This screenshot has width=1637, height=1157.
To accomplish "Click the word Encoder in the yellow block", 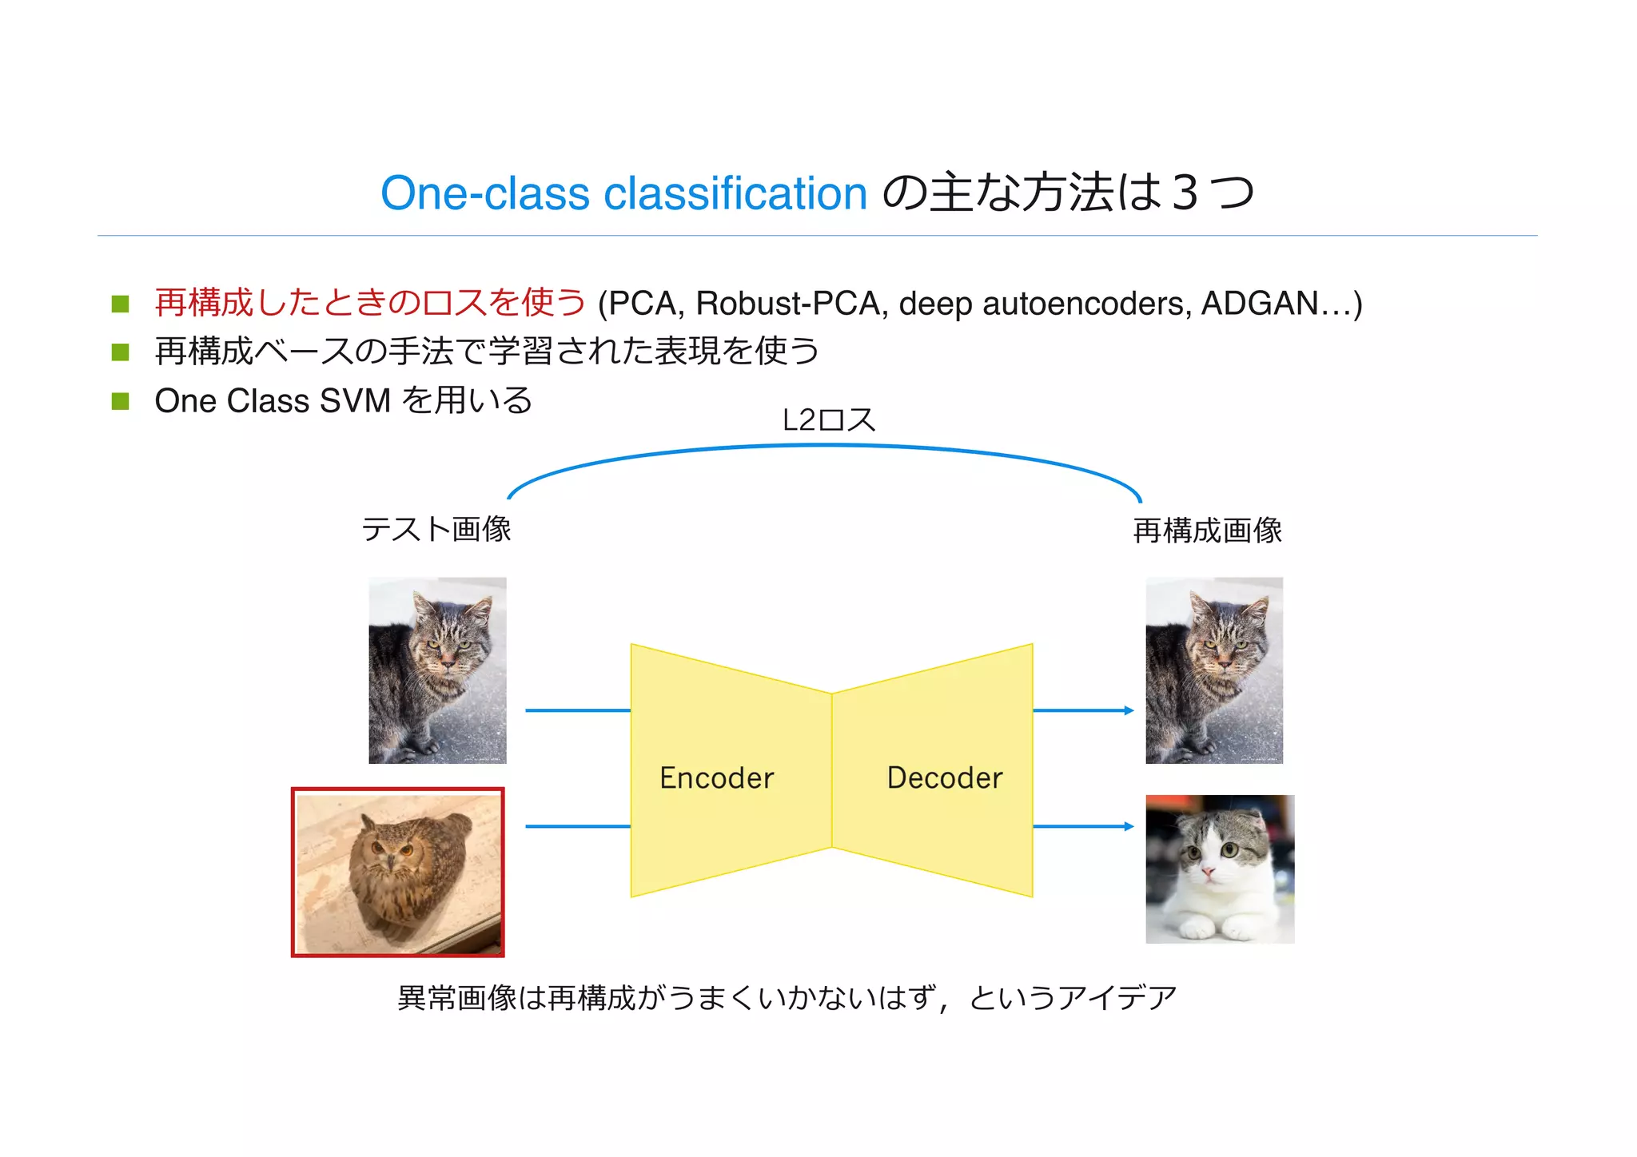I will coord(716,777).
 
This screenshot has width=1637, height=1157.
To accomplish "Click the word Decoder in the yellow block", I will coord(944,777).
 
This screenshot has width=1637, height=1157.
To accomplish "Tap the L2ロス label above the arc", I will coord(828,420).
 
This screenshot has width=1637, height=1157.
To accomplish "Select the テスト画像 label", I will coord(436,529).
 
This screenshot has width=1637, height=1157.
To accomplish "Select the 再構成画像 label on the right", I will coord(1207,531).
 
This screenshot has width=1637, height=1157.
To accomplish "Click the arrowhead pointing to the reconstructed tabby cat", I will coord(1129,710).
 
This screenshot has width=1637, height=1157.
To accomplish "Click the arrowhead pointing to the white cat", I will coord(1129,826).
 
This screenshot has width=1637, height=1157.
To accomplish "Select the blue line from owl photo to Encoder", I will coord(577,826).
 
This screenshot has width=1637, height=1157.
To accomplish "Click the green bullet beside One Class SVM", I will coord(121,401).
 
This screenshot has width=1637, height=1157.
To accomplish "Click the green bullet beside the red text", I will coord(121,304).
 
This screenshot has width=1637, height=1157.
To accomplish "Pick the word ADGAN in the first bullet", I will coord(1259,304).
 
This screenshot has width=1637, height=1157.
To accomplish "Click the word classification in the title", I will coord(735,193).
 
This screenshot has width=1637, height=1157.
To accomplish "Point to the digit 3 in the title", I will coord(1185,193).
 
